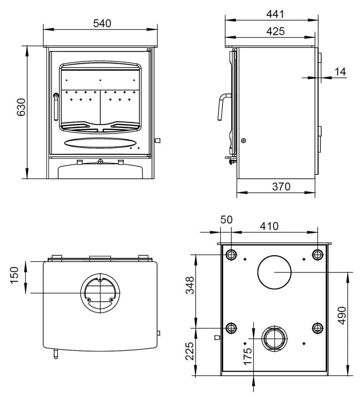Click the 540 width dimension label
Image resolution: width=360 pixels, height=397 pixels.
tap(102, 23)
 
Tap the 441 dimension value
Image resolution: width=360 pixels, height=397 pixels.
tap(276, 14)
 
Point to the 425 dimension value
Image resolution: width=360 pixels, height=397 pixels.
tap(276, 31)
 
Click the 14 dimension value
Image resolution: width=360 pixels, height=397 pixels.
tap(340, 72)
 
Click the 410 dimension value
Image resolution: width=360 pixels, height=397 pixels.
tap(269, 226)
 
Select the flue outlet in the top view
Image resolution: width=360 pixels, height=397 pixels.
tap(100, 293)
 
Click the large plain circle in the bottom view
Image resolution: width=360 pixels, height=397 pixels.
tap(274, 273)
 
